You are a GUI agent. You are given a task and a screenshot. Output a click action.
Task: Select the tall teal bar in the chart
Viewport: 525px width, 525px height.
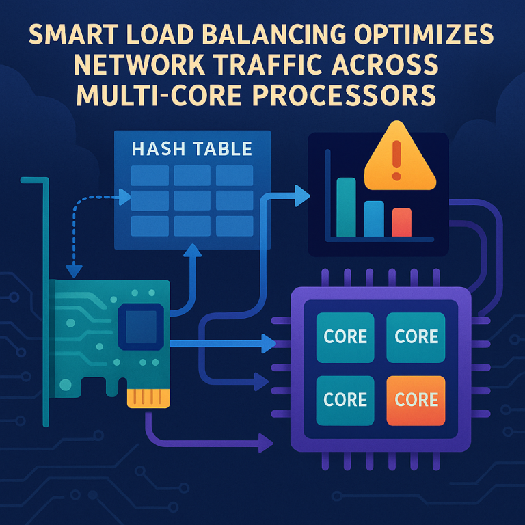tap(346, 206)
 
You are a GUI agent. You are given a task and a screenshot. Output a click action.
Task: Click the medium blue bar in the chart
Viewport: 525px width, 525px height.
tap(374, 218)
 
